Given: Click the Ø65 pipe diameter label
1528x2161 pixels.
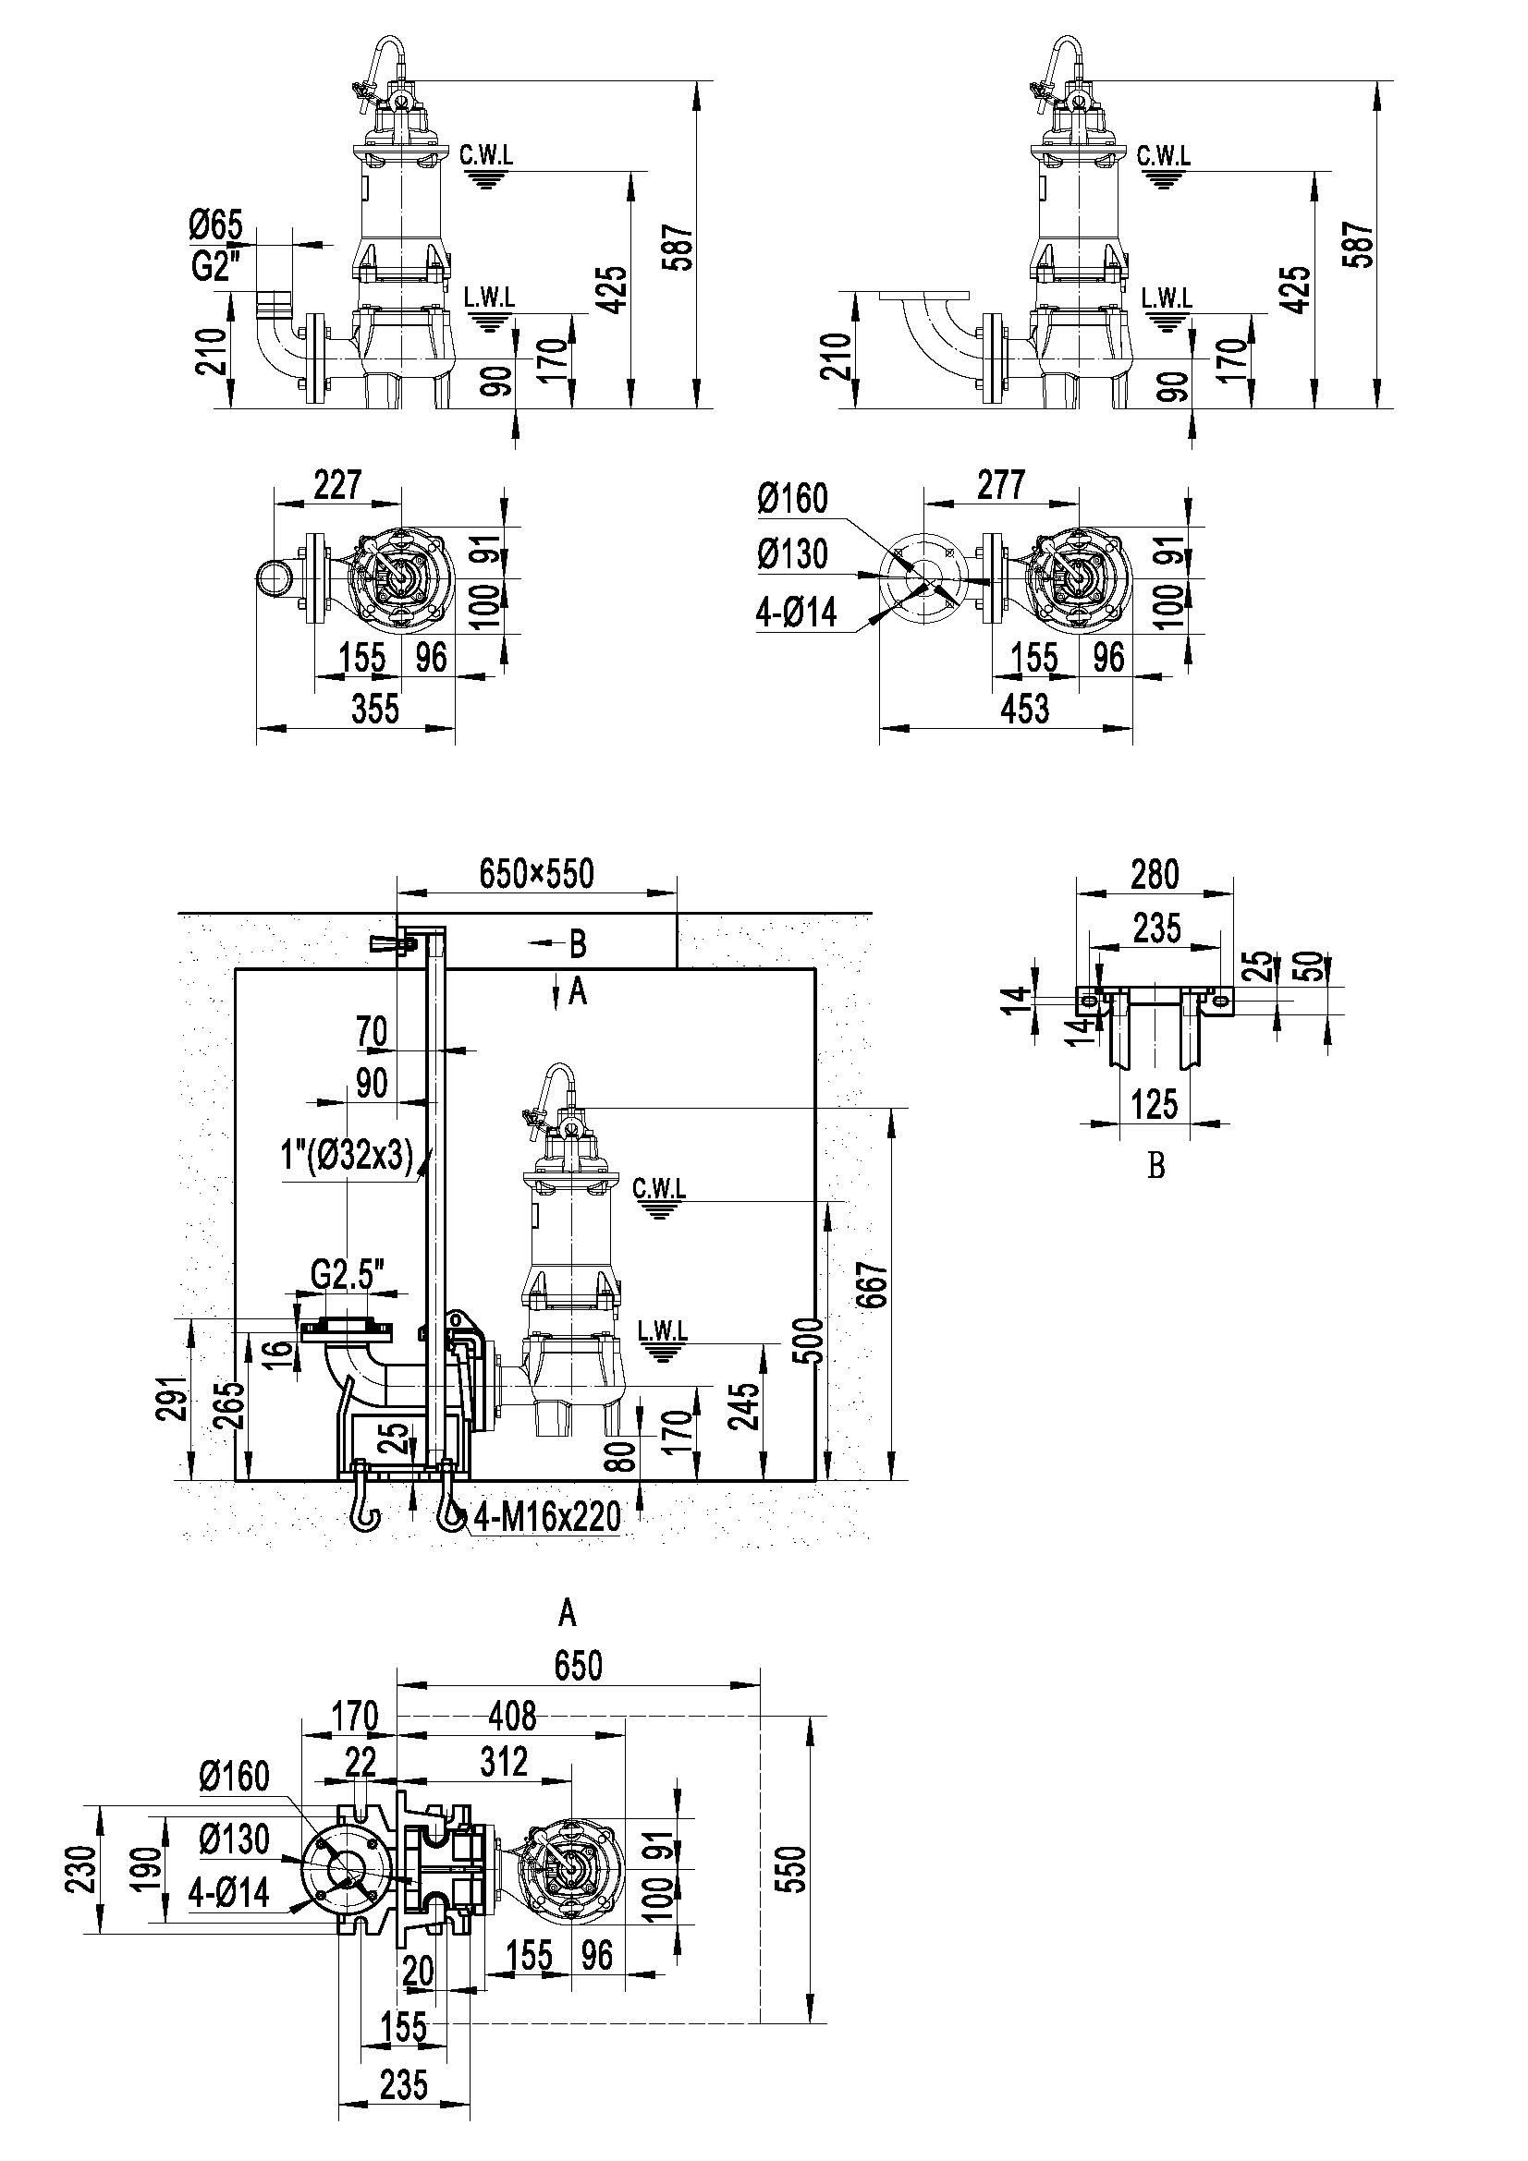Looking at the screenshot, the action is pos(215,225).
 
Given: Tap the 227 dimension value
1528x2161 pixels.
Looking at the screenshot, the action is pos(337,484).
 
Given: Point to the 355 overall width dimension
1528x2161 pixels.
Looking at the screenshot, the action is pos(375,708).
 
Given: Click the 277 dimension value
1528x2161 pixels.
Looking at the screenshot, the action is pos(1000,485).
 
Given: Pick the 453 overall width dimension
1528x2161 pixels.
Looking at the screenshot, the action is pos(1024,708).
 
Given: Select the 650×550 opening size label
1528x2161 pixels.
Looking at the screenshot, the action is pos(537,873).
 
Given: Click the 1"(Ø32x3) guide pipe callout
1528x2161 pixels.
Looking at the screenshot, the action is pos(348,1154).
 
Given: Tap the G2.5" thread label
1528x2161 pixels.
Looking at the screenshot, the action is pos(348,1275).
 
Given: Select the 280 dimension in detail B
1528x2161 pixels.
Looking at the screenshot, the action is pos(1155,874).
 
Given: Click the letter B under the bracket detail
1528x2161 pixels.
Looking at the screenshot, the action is pos(1156,1166).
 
